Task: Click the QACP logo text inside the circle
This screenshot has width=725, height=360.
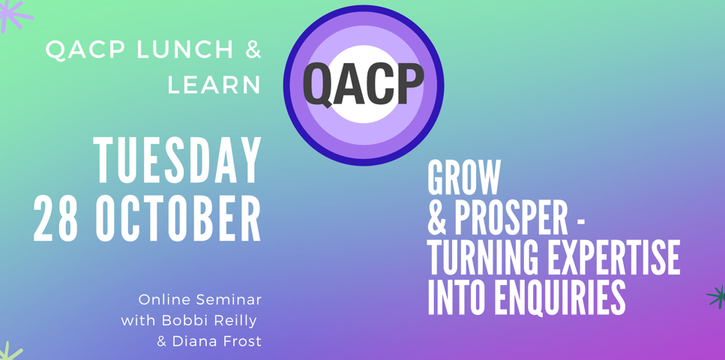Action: (364, 85)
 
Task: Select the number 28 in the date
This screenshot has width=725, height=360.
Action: (55, 218)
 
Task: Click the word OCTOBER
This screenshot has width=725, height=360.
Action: (178, 218)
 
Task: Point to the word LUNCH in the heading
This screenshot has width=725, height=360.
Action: (184, 50)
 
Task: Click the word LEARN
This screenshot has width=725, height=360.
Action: (214, 85)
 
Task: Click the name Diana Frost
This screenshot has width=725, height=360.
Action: (217, 342)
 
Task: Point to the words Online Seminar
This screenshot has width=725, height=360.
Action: (200, 299)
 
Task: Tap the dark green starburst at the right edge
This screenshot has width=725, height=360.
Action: (717, 296)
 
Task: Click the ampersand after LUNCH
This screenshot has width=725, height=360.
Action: (253, 50)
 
